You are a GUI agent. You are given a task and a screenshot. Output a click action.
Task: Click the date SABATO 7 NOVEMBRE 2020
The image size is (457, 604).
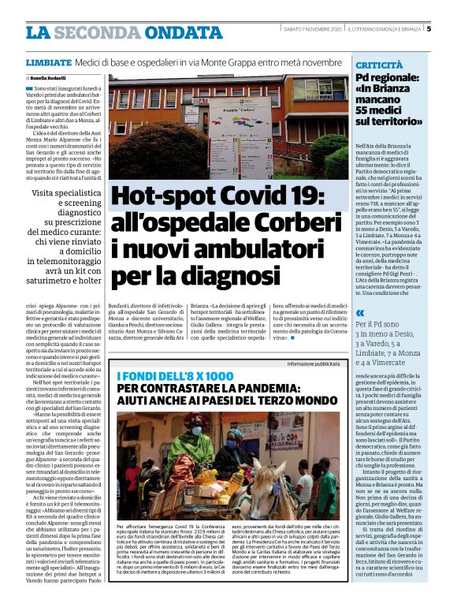pos(314,29)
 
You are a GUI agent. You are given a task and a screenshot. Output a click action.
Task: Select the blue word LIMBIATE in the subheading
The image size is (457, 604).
pos(48,62)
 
